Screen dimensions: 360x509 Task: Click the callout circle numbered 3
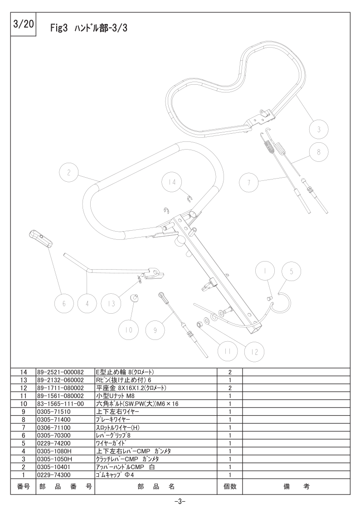click(x=318, y=130)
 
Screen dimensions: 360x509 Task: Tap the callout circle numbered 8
click(x=318, y=151)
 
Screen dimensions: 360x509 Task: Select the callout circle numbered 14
click(x=172, y=182)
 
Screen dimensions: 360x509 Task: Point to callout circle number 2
click(x=68, y=172)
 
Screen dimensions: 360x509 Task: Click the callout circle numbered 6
click(x=63, y=304)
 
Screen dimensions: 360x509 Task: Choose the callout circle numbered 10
click(x=129, y=330)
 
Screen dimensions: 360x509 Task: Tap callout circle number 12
click(x=254, y=352)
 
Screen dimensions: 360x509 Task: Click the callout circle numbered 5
click(x=291, y=271)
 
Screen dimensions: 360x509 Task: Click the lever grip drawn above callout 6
click(x=41, y=239)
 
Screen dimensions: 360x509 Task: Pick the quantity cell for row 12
click(x=230, y=388)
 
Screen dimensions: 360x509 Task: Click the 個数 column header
click(x=230, y=486)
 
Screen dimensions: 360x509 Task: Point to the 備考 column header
click(x=297, y=486)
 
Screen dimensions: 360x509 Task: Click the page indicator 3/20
click(x=23, y=24)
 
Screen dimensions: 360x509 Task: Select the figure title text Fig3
click(x=59, y=28)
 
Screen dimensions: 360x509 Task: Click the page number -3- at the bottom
click(x=180, y=501)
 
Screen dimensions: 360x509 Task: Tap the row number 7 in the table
click(x=24, y=427)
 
